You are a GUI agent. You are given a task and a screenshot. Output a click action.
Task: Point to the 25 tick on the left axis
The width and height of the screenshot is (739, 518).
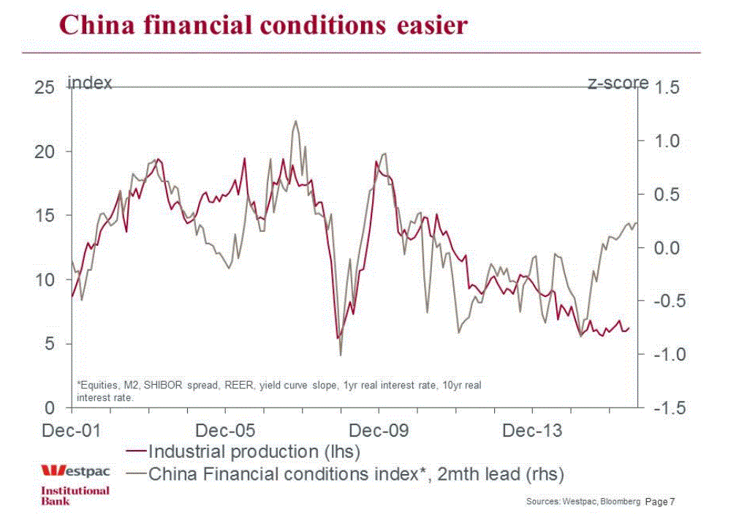pos(45,87)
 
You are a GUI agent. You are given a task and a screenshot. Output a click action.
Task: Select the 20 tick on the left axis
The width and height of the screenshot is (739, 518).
pos(45,151)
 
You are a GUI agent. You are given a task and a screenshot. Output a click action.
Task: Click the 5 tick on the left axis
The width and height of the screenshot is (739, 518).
pos(50,344)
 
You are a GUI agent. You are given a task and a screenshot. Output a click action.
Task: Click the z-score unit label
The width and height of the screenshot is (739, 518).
pos(618,83)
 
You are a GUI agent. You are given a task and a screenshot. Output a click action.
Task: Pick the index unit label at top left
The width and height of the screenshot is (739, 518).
pos(90,83)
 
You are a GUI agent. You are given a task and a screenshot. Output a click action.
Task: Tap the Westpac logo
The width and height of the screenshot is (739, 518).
pos(74,470)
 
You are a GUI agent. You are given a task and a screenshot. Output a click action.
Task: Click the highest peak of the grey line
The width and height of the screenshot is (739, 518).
pos(295,121)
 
